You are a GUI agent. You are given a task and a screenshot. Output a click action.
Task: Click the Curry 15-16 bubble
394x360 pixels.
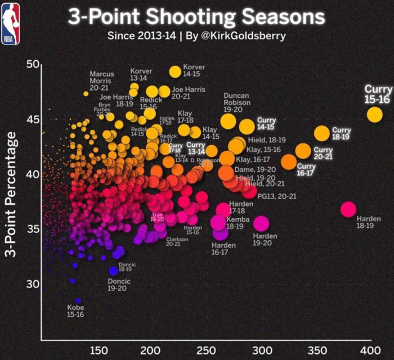click(x=374, y=114)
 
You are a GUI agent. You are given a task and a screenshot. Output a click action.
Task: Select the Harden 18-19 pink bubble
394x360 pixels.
click(x=348, y=209)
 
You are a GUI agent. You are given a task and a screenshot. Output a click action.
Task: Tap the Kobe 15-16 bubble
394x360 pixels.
click(x=78, y=301)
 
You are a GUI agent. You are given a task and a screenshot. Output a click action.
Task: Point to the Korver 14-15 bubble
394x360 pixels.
click(x=175, y=71)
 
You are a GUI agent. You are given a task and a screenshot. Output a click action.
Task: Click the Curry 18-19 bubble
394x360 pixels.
click(x=321, y=133)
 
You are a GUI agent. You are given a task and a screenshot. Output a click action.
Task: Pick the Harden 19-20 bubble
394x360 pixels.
click(x=261, y=223)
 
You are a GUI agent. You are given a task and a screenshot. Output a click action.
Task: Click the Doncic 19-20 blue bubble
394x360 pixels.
click(x=113, y=271)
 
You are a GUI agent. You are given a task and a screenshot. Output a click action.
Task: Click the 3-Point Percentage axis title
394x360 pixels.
click(x=11, y=195)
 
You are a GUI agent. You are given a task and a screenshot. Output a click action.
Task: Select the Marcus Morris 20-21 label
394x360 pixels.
click(x=101, y=81)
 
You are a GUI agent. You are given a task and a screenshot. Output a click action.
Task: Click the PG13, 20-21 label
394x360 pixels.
click(x=276, y=196)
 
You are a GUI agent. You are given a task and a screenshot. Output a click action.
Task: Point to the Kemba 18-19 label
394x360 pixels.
click(x=234, y=223)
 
